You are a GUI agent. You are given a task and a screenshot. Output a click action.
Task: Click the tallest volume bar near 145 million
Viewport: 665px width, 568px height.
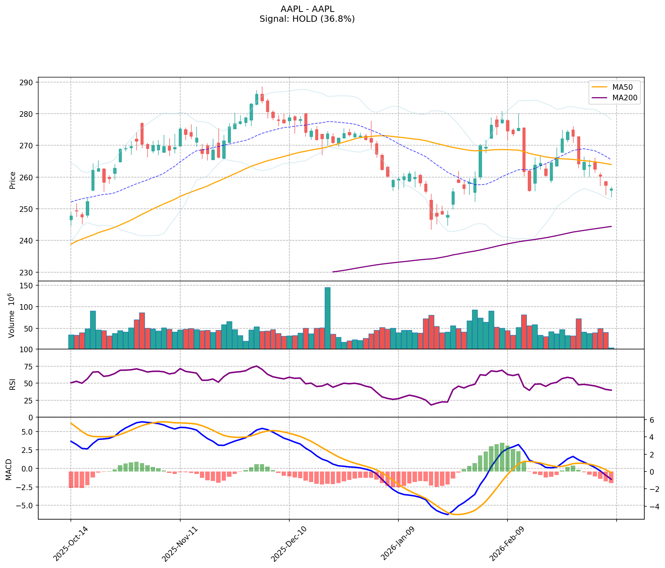pos(328,318)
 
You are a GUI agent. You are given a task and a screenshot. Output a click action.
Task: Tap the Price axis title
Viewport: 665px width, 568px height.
pos(13,180)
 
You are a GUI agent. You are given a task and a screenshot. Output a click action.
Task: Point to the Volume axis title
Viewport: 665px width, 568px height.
pos(13,315)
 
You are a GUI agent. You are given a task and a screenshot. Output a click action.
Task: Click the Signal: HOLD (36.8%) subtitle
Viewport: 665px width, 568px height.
pos(307,19)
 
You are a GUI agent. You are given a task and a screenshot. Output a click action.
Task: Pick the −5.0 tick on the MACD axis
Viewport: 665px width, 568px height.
pos(26,506)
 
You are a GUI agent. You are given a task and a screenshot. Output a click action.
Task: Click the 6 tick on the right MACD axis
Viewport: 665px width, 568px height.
pos(651,420)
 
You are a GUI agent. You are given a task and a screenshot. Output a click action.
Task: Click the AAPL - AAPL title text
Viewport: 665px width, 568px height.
pos(307,9)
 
